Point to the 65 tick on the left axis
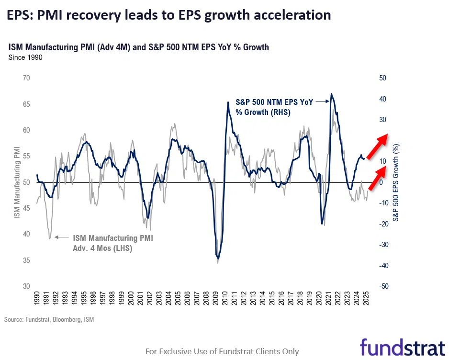(26, 104)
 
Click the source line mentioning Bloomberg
(49, 319)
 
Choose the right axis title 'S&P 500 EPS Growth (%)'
(396, 182)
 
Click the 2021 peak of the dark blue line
(331, 94)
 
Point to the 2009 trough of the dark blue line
(218, 258)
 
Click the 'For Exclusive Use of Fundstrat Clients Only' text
(222, 351)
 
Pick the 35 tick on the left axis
(26, 260)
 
